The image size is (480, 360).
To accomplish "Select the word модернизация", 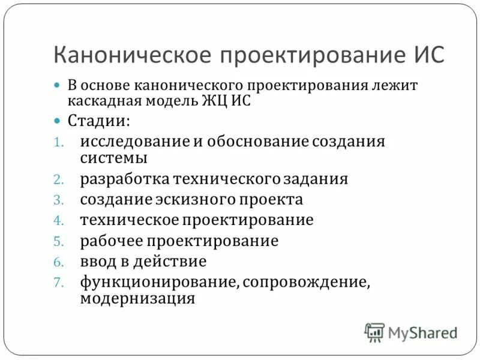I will [x=137, y=298].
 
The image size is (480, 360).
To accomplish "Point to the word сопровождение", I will [x=305, y=282].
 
